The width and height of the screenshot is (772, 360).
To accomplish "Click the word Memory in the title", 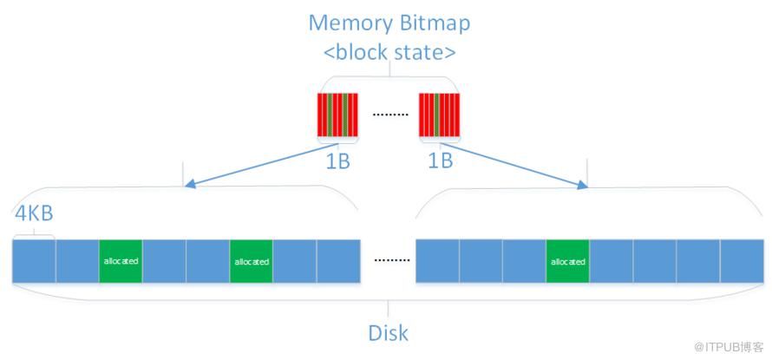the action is click(350, 23).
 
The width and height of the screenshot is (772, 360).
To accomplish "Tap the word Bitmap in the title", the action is click(435, 24).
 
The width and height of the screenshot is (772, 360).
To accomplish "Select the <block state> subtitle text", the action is click(389, 53).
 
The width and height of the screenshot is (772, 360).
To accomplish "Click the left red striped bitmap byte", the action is click(337, 115).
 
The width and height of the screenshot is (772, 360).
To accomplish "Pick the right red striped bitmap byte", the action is click(439, 115).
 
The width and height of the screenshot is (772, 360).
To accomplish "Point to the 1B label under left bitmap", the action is click(337, 162).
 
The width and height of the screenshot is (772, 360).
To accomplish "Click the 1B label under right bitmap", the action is click(440, 161).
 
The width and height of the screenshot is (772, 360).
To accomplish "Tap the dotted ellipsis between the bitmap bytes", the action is click(390, 115).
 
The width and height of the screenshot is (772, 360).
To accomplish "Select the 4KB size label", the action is click(34, 214).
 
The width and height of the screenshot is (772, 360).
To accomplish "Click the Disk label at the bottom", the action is click(388, 333).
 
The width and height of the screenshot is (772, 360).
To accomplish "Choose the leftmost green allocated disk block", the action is click(121, 261).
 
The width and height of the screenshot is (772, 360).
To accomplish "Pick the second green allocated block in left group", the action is click(251, 261).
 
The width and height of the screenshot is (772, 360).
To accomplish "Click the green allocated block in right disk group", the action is click(567, 261).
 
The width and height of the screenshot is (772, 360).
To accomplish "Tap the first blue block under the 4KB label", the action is click(34, 261).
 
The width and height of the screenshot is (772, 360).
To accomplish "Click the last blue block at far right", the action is click(743, 261).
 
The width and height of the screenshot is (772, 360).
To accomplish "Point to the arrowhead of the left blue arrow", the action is click(189, 185).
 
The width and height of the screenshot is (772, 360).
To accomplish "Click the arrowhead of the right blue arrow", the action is click(582, 185).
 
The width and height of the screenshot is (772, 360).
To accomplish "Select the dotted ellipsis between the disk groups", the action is click(392, 260).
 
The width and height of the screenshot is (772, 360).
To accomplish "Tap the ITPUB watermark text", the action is click(729, 347).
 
